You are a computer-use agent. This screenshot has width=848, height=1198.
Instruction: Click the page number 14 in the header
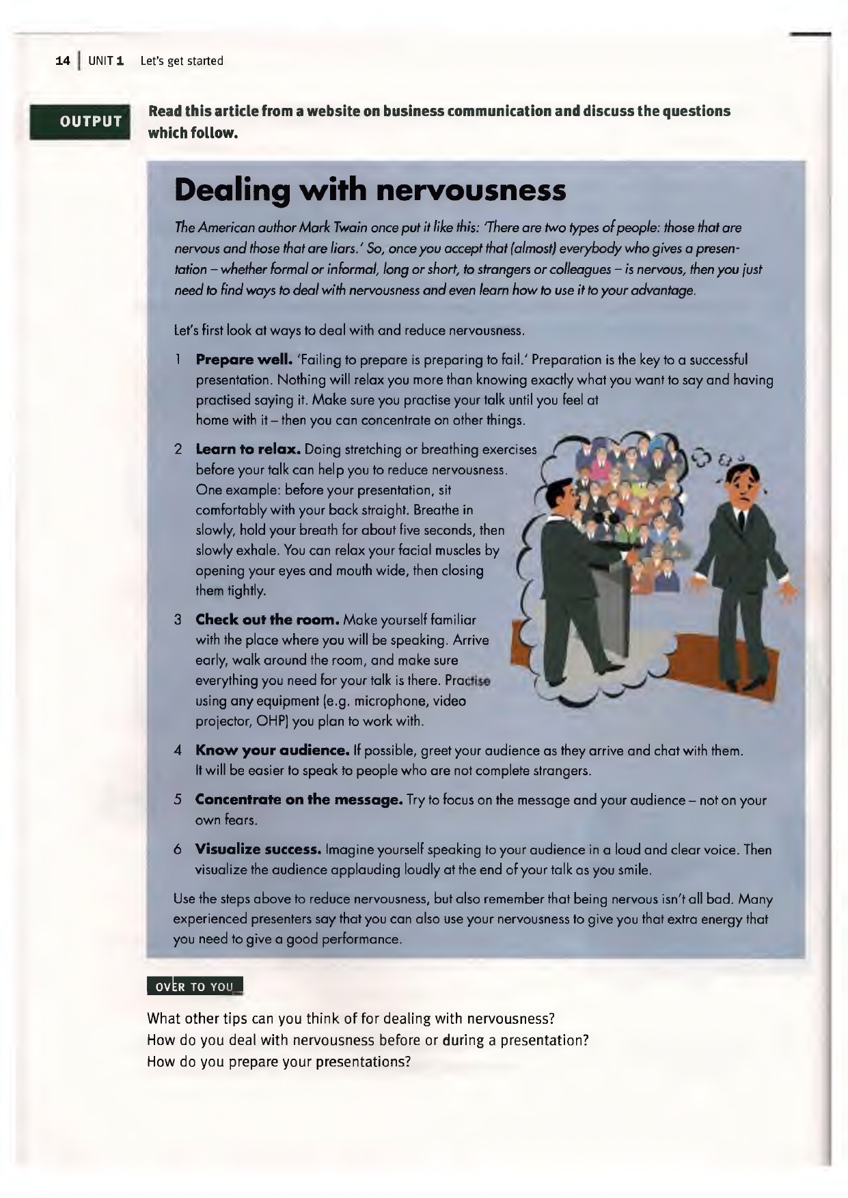tap(63, 61)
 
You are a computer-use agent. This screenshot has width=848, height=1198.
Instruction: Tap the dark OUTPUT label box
tap(79, 122)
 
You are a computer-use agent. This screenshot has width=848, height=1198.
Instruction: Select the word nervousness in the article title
tap(471, 191)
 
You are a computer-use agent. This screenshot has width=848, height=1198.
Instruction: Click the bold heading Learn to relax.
tap(248, 449)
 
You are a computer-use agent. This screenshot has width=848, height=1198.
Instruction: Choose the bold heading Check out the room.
tap(267, 620)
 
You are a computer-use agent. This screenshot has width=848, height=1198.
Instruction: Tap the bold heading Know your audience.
tap(273, 751)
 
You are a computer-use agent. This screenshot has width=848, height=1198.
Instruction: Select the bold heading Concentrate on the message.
tap(299, 800)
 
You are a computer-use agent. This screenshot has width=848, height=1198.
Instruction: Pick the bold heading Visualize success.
tap(258, 850)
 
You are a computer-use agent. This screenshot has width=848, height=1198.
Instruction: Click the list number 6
tap(178, 850)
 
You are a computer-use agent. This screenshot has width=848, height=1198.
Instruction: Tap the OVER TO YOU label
tap(195, 986)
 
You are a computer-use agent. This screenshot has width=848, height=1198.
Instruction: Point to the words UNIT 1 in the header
tap(105, 61)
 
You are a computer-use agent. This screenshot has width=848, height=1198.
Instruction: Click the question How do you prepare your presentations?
tap(279, 1062)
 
